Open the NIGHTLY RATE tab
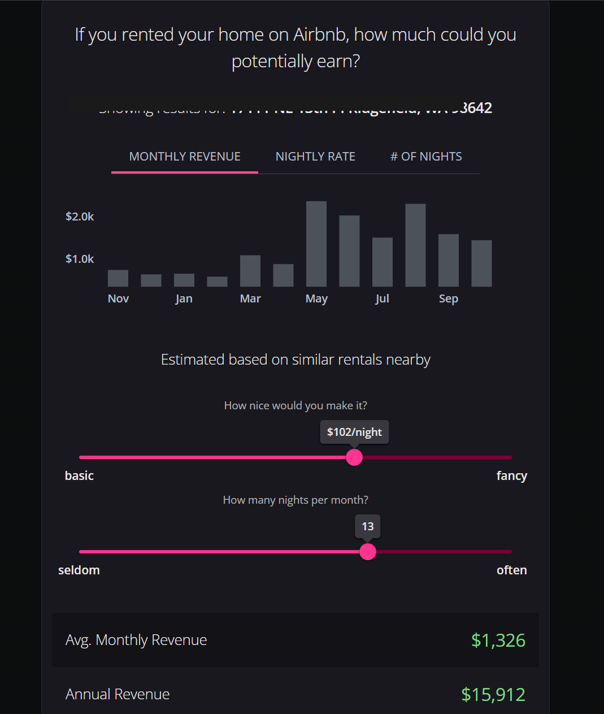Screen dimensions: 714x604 (315, 157)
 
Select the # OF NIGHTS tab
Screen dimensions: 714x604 (426, 157)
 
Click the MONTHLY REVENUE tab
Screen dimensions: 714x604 (185, 157)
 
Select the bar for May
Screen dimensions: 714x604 (316, 244)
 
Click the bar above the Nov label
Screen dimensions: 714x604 (118, 278)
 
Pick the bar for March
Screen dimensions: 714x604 (250, 271)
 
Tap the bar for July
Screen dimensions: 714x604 (383, 262)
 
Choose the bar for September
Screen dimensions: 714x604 (449, 260)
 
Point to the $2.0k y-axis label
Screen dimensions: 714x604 (80, 217)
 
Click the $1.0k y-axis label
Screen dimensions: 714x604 (80, 259)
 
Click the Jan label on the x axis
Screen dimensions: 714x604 (184, 298)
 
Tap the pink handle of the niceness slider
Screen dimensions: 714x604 (354, 457)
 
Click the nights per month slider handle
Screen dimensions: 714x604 (368, 551)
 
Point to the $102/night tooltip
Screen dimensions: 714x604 (354, 432)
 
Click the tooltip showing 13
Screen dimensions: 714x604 (368, 526)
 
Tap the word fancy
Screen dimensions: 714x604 (511, 475)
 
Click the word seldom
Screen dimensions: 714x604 (79, 570)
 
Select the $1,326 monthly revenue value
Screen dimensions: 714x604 (498, 640)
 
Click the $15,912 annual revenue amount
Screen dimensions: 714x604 (493, 694)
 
